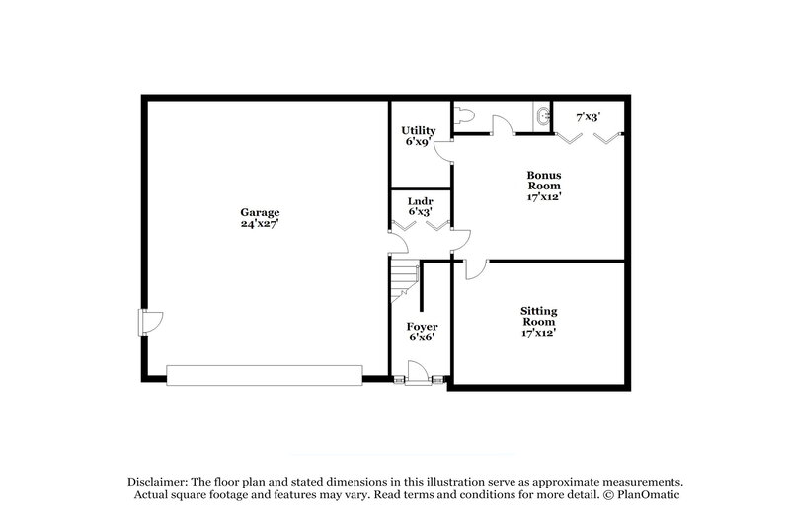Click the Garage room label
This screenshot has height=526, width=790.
pyautogui.click(x=260, y=212)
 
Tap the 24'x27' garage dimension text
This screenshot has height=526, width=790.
pyautogui.click(x=260, y=224)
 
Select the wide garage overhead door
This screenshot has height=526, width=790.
pyautogui.click(x=264, y=374)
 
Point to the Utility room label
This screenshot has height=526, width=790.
pyautogui.click(x=419, y=130)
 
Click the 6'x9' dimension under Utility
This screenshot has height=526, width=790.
pyautogui.click(x=419, y=142)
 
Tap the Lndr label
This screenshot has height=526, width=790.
pyautogui.click(x=420, y=199)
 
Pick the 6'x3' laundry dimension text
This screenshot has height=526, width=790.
pyautogui.click(x=420, y=211)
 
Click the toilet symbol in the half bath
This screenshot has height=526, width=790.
pyautogui.click(x=466, y=116)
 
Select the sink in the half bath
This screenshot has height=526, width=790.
pyautogui.click(x=541, y=116)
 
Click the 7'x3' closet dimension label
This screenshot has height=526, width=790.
pyautogui.click(x=589, y=116)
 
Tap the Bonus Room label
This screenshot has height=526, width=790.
pyautogui.click(x=543, y=180)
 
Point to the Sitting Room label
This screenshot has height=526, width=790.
pyautogui.click(x=538, y=317)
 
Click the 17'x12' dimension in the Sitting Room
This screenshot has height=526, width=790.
pyautogui.click(x=538, y=333)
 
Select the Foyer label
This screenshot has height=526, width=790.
pyautogui.click(x=423, y=326)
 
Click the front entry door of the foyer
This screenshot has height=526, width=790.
pyautogui.click(x=417, y=372)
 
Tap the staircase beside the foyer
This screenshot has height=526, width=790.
pyautogui.click(x=403, y=280)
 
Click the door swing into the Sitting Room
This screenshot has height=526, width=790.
pyautogui.click(x=475, y=267)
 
